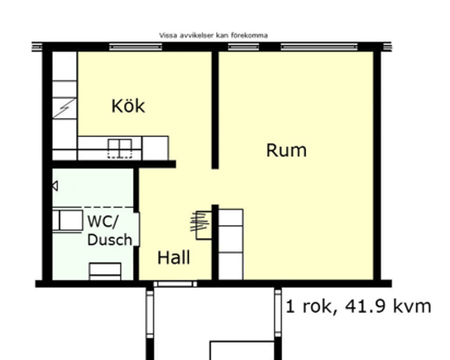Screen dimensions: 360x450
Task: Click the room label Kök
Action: tap(129, 106)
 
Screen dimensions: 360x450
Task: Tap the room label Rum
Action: tap(286, 151)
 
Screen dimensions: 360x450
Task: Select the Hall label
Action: tap(174, 257)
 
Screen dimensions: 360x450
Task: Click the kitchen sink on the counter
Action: tap(120, 148)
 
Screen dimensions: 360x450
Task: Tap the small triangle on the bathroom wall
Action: tap(55, 185)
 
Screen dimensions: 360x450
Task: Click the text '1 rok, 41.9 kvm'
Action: tap(358, 306)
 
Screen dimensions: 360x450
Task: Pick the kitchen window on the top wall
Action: tap(135, 46)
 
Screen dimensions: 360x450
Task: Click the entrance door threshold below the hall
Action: tap(176, 284)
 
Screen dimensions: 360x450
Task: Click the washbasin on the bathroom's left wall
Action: tap(68, 220)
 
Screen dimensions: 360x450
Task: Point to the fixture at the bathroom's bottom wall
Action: tap(104, 270)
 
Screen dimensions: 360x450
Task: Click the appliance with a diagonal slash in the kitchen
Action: tap(64, 104)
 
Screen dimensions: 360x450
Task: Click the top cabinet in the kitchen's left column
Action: tap(64, 68)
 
